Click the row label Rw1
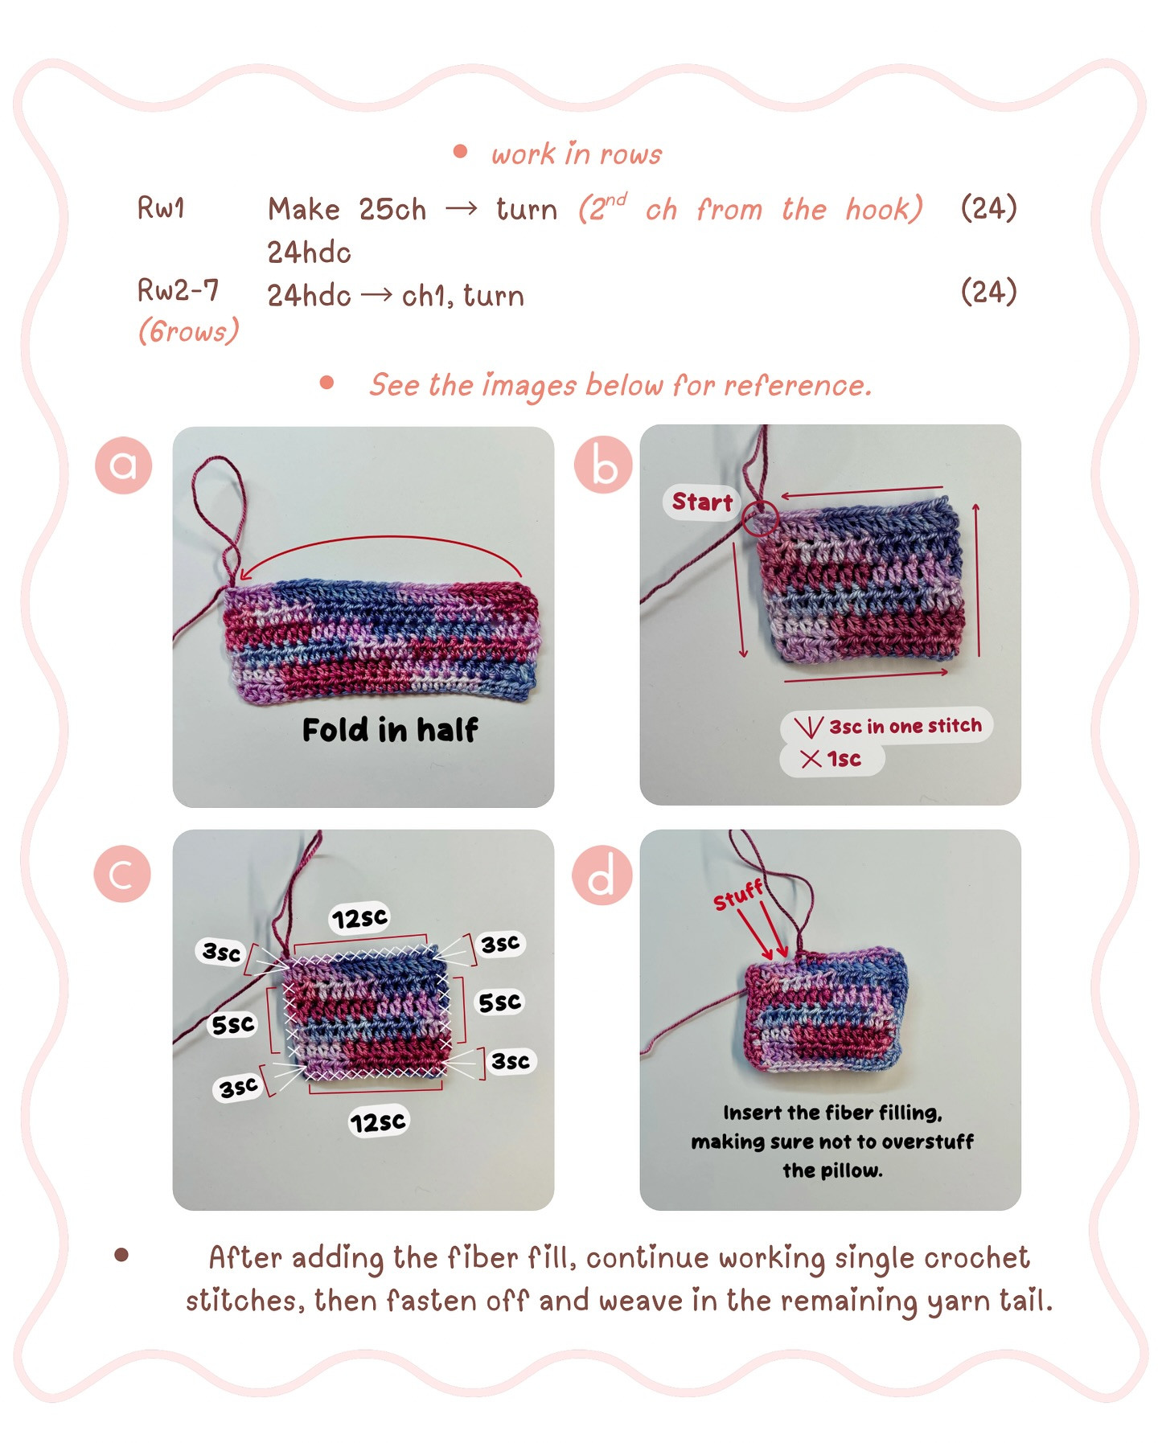[161, 208]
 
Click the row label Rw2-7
[178, 290]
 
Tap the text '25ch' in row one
[392, 210]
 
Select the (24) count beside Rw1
[988, 208]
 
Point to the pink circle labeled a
[123, 465]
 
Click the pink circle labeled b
[603, 465]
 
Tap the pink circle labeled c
[122, 874]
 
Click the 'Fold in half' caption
[390, 730]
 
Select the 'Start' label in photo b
[702, 502]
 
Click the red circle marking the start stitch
[759, 519]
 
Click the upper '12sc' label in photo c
[359, 918]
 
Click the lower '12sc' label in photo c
[379, 1121]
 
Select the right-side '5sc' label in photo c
[499, 1002]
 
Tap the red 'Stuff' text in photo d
[737, 895]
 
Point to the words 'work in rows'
[577, 154]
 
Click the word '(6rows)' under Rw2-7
[188, 330]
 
